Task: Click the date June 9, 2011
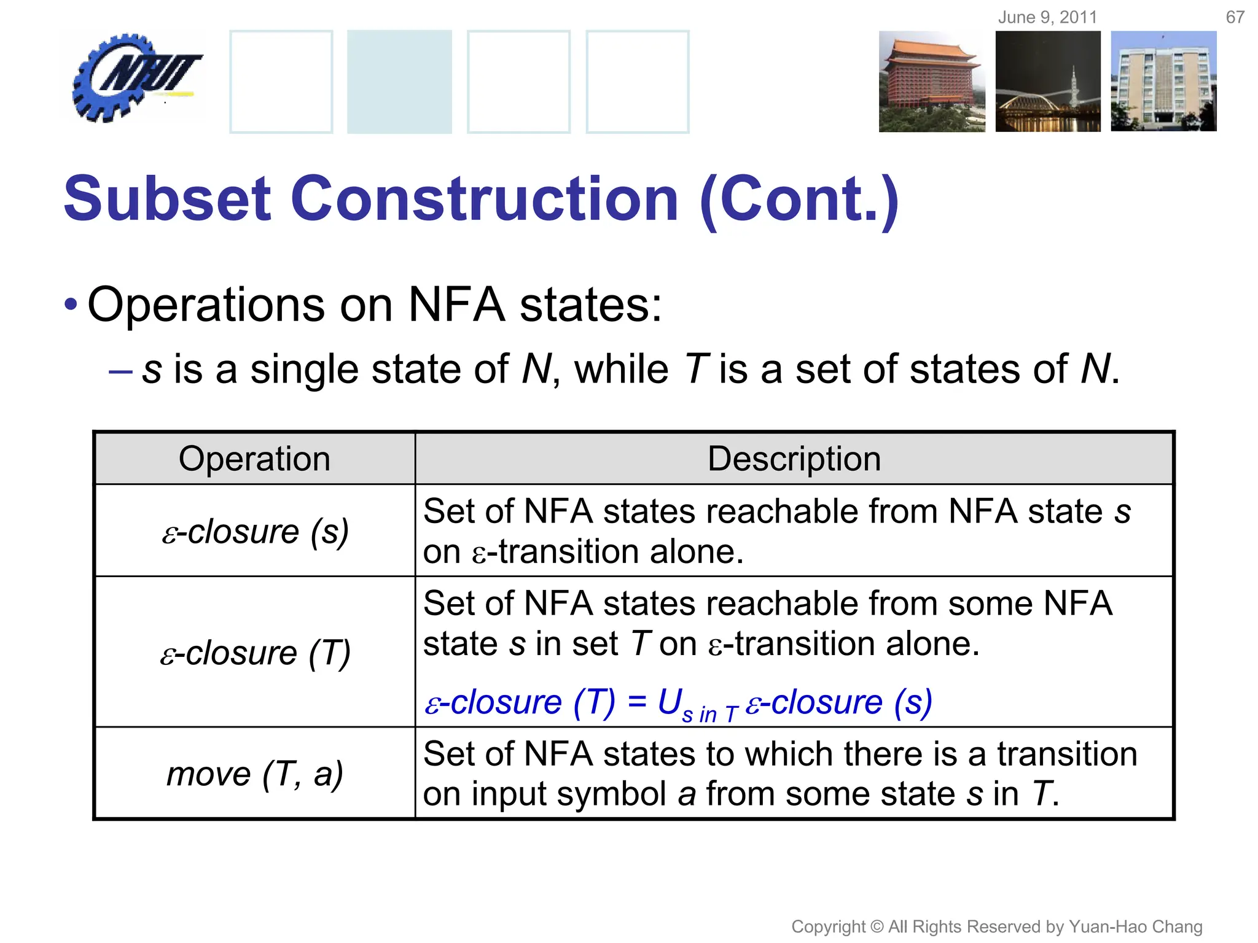[1047, 17]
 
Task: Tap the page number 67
[1235, 17]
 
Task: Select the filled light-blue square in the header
[399, 82]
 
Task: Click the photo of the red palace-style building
[931, 82]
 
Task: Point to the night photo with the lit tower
[1048, 82]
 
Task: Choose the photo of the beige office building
[1163, 82]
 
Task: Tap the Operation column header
[254, 459]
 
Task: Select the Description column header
[794, 459]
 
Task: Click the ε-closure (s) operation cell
[254, 531]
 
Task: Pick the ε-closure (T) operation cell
[254, 652]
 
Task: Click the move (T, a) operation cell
[254, 774]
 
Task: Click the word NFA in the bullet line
[456, 305]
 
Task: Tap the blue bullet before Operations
[71, 305]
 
